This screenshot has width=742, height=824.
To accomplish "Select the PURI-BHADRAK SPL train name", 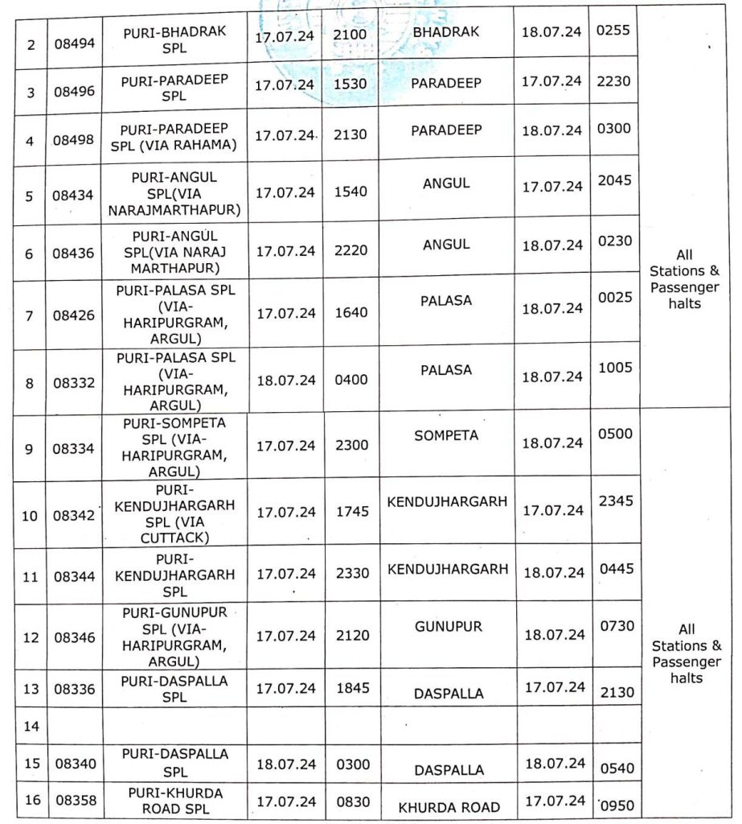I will point(175,38).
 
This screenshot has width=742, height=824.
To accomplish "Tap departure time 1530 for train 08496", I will point(351,84).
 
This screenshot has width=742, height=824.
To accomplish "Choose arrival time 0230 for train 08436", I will point(615,241).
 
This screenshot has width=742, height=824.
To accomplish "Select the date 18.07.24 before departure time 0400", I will point(285,380).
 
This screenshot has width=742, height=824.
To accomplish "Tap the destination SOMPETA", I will point(446,435).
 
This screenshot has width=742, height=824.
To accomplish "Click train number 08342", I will point(75,515).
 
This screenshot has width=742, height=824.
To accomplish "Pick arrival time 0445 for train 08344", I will point(617,569).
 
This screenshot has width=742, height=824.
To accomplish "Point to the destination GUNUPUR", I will point(447,625).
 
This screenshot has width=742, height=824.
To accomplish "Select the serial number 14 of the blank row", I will point(31,726).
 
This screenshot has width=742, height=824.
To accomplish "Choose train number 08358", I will point(75,801).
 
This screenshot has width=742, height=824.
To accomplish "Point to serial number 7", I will point(30,315).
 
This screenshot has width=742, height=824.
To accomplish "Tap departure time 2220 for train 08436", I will point(351,250).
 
